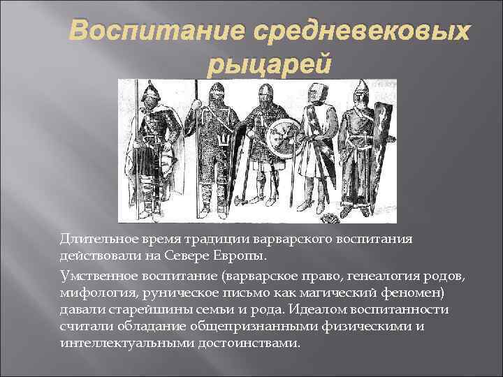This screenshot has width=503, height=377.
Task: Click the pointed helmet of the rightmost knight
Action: [360, 91]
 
